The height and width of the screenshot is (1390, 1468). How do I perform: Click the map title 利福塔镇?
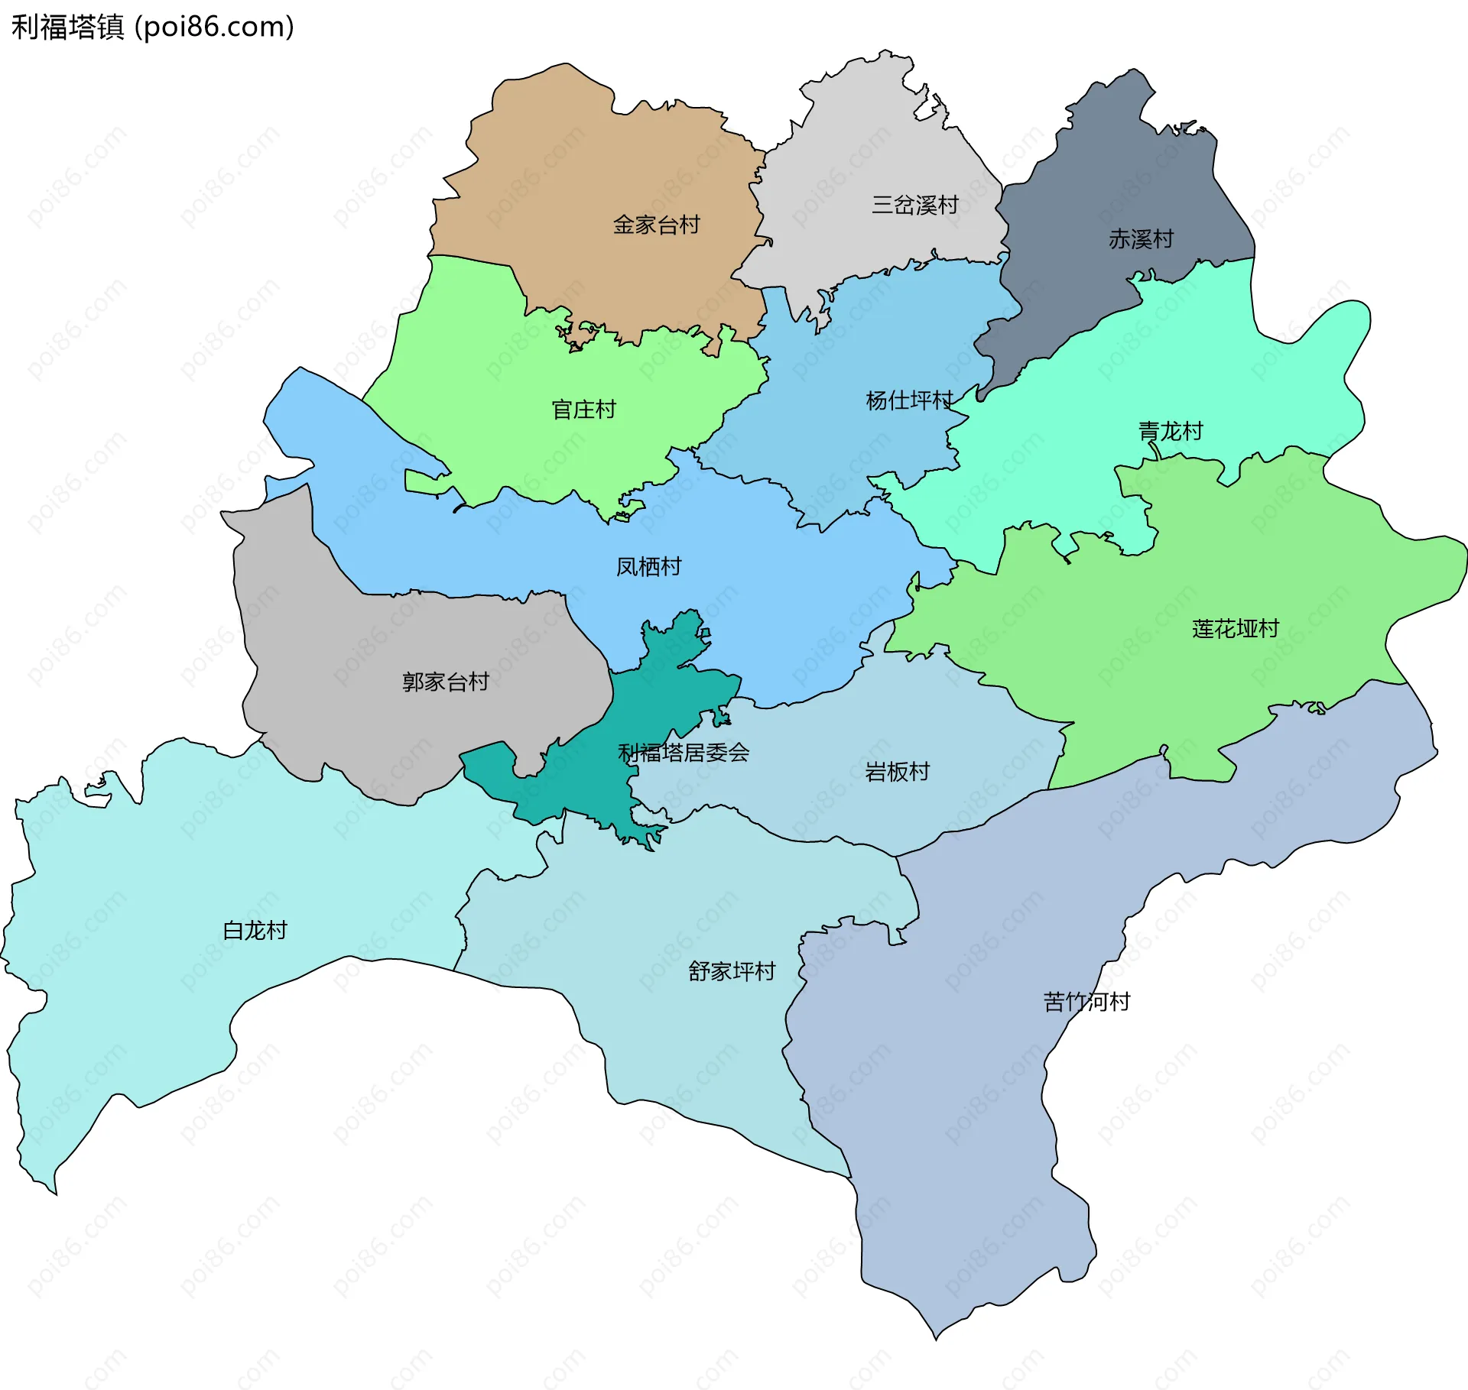coord(67,28)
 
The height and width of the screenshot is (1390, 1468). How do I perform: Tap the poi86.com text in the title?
coord(214,28)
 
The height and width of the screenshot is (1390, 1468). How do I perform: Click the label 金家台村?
coord(656,225)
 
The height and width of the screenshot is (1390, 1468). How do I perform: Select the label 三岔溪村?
coord(915,205)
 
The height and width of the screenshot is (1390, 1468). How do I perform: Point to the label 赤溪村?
coord(1141,239)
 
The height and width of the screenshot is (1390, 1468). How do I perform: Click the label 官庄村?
coord(583,410)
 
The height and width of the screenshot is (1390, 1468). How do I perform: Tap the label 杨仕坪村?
coord(909,400)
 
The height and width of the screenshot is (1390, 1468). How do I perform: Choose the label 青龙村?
coord(1170,432)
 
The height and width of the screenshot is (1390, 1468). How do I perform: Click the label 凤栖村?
coord(648,566)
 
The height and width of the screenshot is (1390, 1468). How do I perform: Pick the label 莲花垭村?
coord(1235,629)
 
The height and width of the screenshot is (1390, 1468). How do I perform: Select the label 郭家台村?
coord(446,682)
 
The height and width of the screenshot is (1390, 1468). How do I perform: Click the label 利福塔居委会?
coord(683,753)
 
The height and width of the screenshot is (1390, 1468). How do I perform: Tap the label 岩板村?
coord(897,772)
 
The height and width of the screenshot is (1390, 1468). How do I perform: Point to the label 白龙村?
coord(255,930)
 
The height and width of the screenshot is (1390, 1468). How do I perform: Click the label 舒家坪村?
coord(732,971)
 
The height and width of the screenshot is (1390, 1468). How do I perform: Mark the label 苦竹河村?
coord(1086,1002)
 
